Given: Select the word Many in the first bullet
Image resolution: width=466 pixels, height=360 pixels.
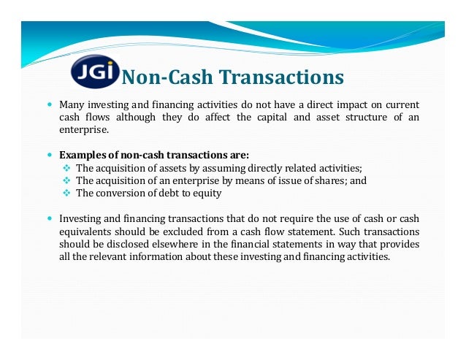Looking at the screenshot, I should (x=71, y=104).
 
